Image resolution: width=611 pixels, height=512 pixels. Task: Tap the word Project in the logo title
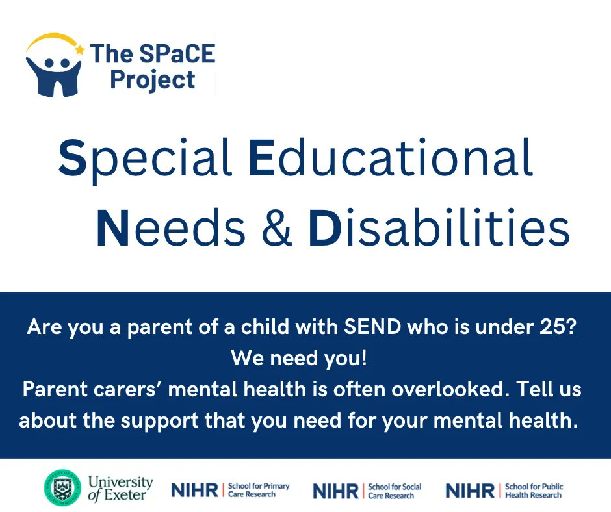pos(152,79)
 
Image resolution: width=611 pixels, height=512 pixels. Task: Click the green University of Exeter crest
pos(62,487)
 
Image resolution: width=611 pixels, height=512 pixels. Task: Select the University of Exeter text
pos(120,488)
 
